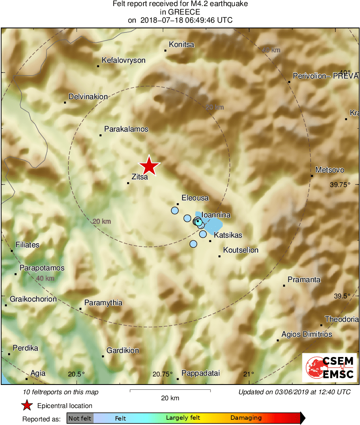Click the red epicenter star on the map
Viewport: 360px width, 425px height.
click(x=149, y=166)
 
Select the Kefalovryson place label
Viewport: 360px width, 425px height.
click(x=124, y=60)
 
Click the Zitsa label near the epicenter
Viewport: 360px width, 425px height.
click(x=139, y=176)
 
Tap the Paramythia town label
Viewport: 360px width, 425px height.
click(x=103, y=303)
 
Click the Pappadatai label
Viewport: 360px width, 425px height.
click(x=200, y=373)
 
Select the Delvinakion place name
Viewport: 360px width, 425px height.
click(x=88, y=97)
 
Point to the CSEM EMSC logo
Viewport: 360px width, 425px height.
click(x=330, y=368)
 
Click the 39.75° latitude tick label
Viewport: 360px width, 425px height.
click(x=339, y=185)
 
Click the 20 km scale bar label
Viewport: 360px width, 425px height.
click(x=170, y=398)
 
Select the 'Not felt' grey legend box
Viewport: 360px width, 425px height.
click(x=80, y=418)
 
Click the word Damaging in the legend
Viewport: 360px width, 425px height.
click(x=246, y=418)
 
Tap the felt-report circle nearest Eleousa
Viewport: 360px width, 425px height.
click(x=175, y=210)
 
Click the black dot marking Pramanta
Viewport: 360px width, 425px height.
click(x=284, y=286)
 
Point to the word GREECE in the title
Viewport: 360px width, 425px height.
click(x=180, y=12)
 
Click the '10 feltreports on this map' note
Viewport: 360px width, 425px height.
click(x=61, y=392)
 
